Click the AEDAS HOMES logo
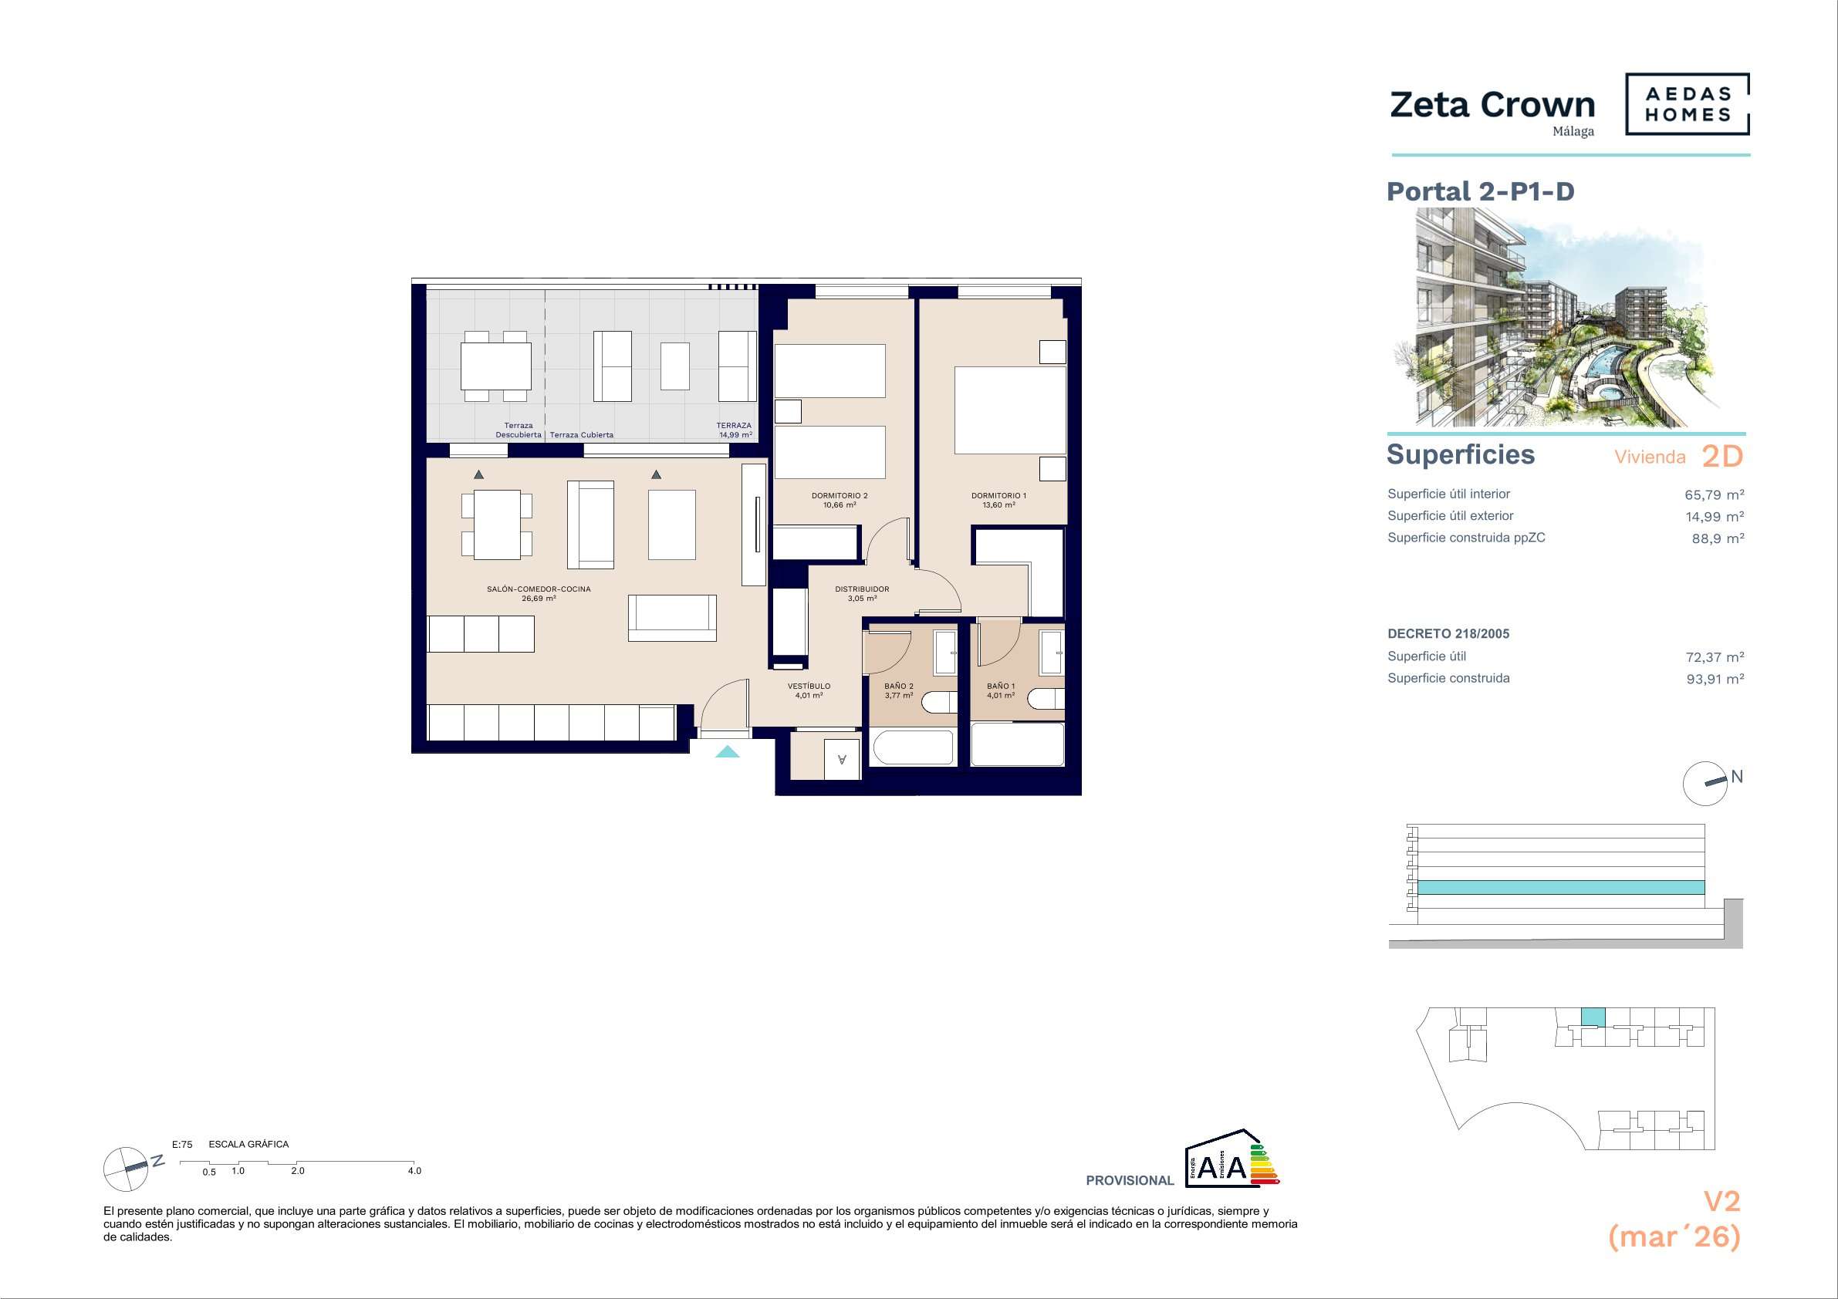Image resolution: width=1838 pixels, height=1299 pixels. click(1688, 104)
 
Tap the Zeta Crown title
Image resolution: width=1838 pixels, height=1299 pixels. click(1493, 105)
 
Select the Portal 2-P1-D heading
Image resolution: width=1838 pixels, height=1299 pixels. click(1480, 191)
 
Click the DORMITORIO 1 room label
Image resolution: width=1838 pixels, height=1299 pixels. click(999, 500)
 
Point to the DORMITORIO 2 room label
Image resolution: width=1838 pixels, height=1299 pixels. click(840, 500)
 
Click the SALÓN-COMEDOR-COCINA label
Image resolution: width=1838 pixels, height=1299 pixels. click(539, 593)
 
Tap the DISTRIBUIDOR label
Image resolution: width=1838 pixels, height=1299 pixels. click(862, 593)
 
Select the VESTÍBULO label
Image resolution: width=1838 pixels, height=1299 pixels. click(809, 690)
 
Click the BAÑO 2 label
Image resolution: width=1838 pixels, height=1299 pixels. click(899, 690)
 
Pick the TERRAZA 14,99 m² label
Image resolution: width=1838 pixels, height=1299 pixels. click(734, 430)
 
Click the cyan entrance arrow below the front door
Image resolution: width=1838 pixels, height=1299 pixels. click(727, 751)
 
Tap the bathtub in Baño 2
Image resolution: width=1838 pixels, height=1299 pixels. click(913, 747)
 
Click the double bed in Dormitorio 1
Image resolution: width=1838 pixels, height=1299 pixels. click(1010, 410)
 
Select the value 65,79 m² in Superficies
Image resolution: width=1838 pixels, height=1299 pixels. click(1715, 494)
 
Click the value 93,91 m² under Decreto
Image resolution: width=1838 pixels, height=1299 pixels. click(1715, 679)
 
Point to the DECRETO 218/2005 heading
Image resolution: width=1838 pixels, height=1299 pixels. click(1448, 634)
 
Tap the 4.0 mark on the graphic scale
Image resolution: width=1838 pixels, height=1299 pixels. click(414, 1171)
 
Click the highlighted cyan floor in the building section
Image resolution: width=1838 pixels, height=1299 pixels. click(1561, 887)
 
